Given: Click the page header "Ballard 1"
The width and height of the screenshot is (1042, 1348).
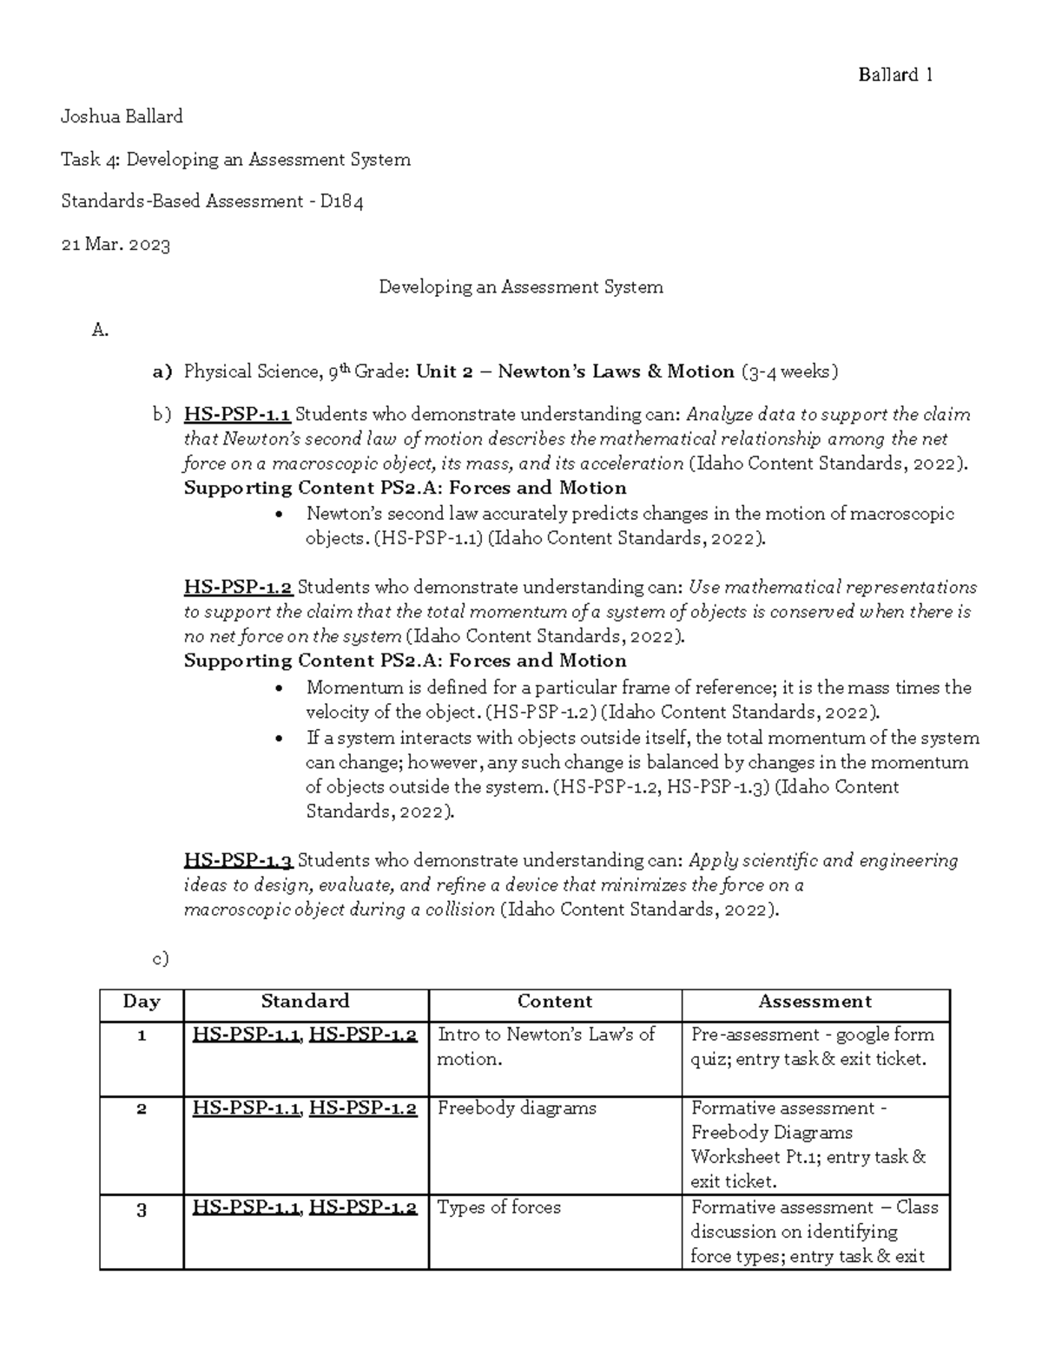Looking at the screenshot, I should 895,75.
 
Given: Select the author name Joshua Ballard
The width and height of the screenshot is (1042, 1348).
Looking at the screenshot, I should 122,116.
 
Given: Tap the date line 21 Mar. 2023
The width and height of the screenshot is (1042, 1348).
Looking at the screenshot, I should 115,245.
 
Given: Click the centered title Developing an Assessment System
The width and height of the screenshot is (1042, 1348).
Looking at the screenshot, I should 520,286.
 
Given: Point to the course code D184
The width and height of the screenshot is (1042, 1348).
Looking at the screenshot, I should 341,201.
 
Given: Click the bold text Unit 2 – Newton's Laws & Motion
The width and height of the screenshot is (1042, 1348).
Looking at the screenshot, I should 575,372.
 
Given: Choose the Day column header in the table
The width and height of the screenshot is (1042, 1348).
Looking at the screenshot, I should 142,1002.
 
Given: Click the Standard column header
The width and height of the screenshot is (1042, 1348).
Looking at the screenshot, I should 305,1002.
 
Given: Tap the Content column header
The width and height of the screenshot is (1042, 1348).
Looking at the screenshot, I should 554,1002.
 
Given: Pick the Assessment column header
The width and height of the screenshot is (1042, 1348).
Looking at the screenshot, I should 814,1002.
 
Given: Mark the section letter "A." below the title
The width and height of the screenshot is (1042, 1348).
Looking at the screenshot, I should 100,329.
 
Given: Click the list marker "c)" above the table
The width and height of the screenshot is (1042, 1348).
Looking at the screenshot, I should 160,958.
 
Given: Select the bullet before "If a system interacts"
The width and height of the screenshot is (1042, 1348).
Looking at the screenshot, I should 279,739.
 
